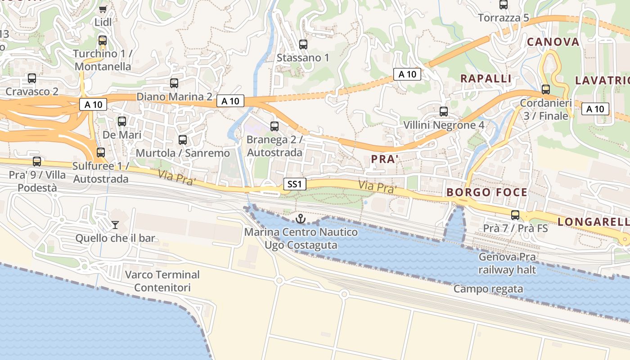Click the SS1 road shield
[x=295, y=184]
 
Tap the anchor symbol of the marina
[x=300, y=219]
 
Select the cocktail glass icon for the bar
[x=115, y=225]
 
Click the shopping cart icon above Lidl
[x=103, y=9]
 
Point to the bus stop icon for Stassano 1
[x=303, y=45]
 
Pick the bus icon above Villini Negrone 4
[x=444, y=112]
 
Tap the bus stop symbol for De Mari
[x=122, y=121]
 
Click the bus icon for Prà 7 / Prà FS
[x=515, y=215]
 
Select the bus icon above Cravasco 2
[x=32, y=78]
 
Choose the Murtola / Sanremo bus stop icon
[x=183, y=140]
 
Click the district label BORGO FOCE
[x=487, y=193]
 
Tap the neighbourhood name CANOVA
[x=553, y=42]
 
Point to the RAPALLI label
[x=486, y=79]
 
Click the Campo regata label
[x=488, y=289]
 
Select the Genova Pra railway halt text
[x=507, y=264]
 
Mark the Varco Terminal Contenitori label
[x=162, y=281]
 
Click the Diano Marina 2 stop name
[x=174, y=97]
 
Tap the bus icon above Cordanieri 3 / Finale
[x=546, y=90]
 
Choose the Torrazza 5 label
[x=504, y=18]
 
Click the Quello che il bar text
[x=115, y=238]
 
